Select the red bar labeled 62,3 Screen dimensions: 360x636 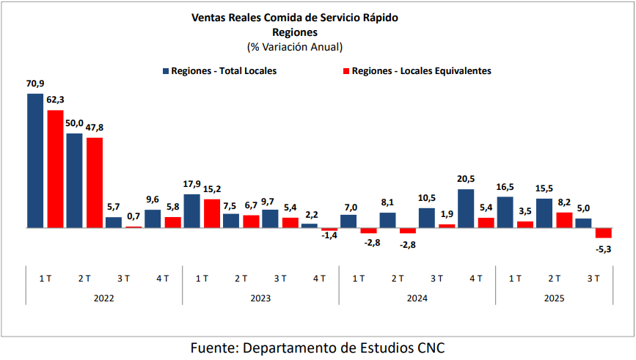coord(55,169)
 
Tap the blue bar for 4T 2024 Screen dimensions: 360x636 coord(465,208)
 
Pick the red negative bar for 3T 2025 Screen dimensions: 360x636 coord(603,233)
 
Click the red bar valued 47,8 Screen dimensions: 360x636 coord(95,183)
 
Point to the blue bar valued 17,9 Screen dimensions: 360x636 coord(191,211)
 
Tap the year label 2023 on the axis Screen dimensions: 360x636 coord(260,298)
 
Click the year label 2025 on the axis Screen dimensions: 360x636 coord(554,298)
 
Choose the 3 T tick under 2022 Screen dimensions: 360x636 coord(123,278)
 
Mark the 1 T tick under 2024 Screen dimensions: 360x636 coord(358,278)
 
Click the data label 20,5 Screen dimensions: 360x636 coord(466,180)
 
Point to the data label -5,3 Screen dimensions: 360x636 coord(603,249)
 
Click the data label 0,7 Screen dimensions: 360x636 coord(133,218)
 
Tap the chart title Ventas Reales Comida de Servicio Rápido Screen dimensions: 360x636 coord(294,18)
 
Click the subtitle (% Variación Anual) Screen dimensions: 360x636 coord(295,46)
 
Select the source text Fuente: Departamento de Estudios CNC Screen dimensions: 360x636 coord(317,347)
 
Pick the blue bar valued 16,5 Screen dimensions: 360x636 coord(505,212)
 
